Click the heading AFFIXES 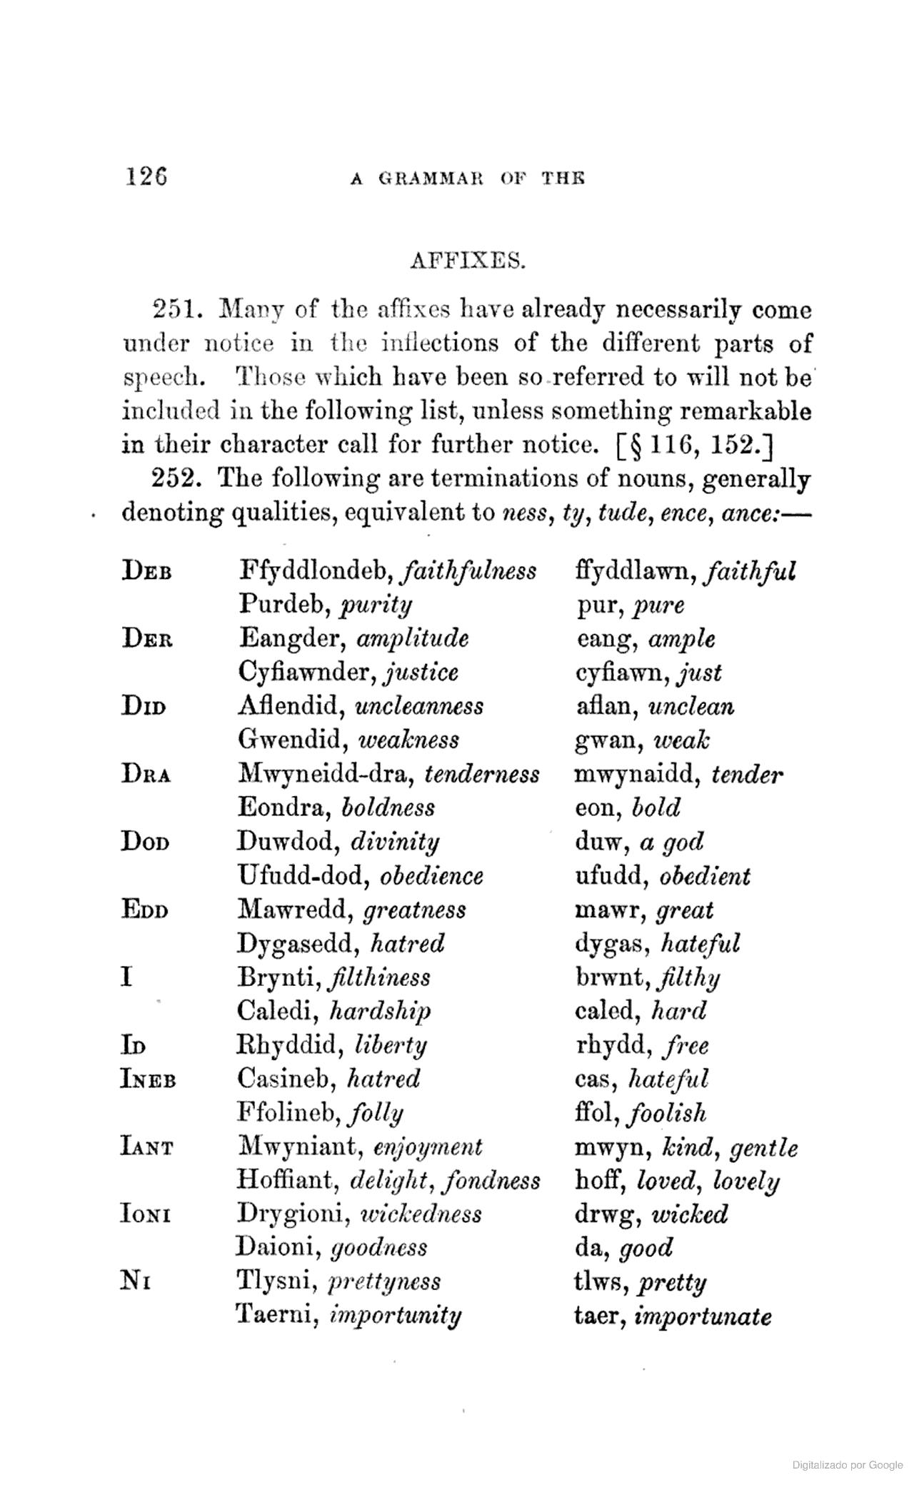[x=468, y=261]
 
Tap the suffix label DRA [x=146, y=774]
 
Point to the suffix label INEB [x=148, y=1079]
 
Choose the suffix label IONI [x=145, y=1214]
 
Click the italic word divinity [x=395, y=842]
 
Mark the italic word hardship [x=381, y=1012]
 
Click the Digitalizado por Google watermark [x=847, y=1464]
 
